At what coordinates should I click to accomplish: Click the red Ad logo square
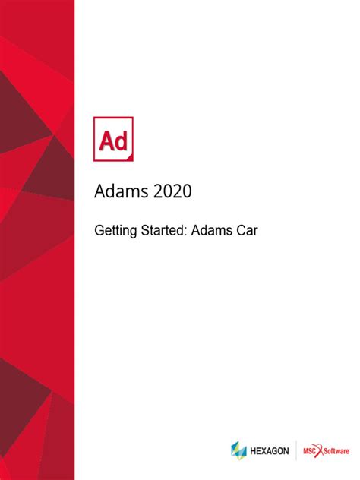pos(113,138)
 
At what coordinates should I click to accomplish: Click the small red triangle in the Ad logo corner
pos(130,156)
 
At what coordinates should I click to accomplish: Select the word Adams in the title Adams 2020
pos(119,191)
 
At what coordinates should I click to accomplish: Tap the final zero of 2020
pos(187,191)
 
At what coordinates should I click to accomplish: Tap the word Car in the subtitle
pos(248,229)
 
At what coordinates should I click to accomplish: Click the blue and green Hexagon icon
pos(239,450)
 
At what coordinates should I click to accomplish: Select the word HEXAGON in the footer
pos(270,450)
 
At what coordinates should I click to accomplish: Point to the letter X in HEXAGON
pos(265,450)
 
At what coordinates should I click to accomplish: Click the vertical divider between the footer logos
pos(295,450)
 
